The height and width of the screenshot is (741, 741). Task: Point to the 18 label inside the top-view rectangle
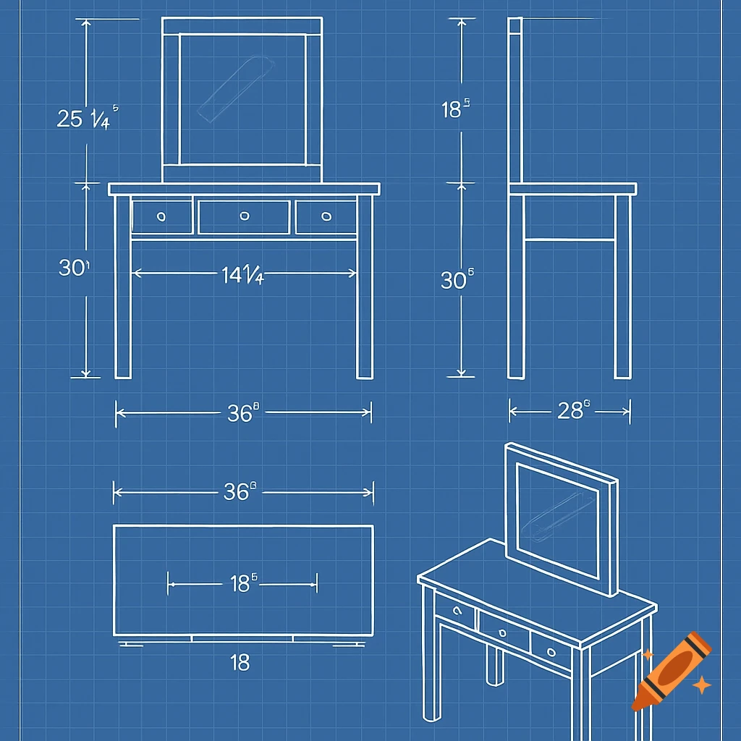click(x=243, y=583)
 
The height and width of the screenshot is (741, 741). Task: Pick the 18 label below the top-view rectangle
click(x=240, y=662)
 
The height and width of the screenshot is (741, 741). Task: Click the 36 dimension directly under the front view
click(x=242, y=412)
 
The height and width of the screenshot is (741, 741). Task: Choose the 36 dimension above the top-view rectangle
click(x=240, y=492)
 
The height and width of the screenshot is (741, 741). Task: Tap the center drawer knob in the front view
click(x=245, y=216)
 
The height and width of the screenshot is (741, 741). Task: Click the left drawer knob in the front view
click(x=161, y=216)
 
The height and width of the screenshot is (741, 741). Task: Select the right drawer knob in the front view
click(x=326, y=216)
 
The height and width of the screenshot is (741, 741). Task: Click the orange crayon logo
click(x=671, y=670)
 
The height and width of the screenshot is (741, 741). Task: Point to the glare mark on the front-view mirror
click(x=237, y=89)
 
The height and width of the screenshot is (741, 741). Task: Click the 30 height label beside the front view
click(x=72, y=268)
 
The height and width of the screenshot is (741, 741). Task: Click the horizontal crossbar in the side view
click(x=569, y=238)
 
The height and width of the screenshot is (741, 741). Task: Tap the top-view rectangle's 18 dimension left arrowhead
click(x=171, y=583)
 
